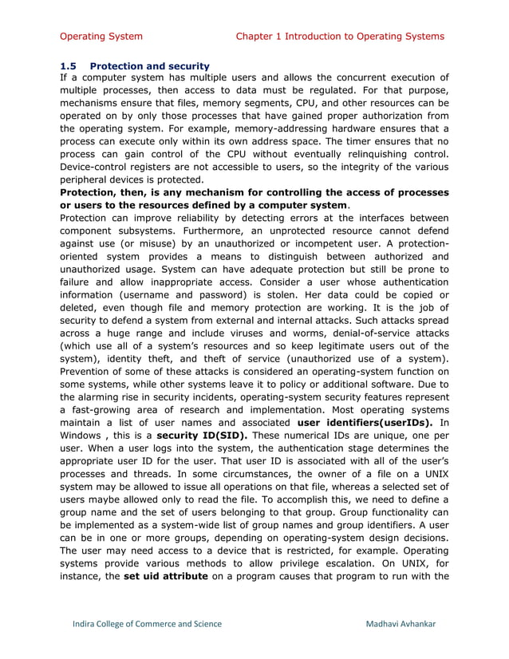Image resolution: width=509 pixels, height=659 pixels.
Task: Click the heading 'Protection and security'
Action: point(150,65)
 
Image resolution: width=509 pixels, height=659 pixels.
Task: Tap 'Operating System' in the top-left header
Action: point(101,36)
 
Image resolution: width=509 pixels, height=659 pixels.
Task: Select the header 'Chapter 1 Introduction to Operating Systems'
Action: point(340,36)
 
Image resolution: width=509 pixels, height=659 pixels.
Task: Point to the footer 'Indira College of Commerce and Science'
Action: point(144,623)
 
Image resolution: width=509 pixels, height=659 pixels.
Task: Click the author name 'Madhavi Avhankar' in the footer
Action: point(400,623)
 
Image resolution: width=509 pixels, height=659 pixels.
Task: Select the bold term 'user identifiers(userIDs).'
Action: point(365,422)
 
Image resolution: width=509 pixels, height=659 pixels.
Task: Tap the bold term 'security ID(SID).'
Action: point(202,436)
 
